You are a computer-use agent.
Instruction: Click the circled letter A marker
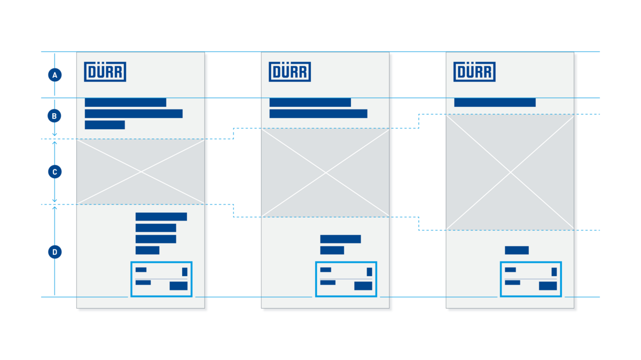coord(54,75)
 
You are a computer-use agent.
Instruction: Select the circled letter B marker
coord(54,116)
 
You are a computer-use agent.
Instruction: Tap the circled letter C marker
coord(54,171)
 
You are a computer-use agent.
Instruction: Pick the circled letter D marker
coord(54,252)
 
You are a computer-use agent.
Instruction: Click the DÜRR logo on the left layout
coord(105,72)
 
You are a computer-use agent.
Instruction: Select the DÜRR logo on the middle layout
coord(290,72)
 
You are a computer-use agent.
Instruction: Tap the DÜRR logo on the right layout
coord(474,72)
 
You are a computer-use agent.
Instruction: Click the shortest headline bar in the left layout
coord(105,125)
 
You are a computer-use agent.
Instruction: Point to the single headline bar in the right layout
coord(495,103)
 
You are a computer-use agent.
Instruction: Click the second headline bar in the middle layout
coord(318,114)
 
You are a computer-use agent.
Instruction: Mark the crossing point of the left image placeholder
coord(141,171)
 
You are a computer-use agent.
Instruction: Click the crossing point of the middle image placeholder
coord(325,173)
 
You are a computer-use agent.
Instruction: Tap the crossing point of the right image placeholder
coord(510,173)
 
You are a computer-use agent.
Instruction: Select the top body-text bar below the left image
coord(161,217)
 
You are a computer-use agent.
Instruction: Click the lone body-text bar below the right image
coord(517,251)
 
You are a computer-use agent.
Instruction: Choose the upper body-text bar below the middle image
coord(341,239)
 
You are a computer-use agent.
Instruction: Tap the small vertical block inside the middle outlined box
coord(370,271)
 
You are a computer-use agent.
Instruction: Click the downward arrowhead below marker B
coord(54,134)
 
